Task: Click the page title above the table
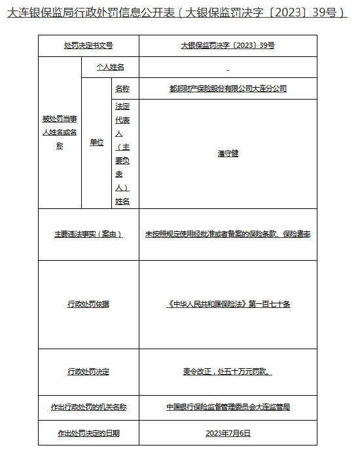177,12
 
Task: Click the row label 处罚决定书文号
88,45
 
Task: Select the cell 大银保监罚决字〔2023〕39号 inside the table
228,45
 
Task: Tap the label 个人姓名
109,67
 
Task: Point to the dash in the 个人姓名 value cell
228,68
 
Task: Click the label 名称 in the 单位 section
122,88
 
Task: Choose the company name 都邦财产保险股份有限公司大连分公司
228,88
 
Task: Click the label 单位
97,142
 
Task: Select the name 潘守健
228,153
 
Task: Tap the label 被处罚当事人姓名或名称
60,132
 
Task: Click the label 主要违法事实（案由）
88,234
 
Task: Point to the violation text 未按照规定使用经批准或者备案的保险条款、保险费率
228,234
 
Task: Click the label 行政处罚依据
88,304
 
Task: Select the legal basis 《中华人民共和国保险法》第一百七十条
228,304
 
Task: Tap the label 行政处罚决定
88,371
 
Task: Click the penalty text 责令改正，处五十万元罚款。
228,371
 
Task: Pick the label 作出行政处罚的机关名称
88,407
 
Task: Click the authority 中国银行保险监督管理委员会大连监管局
228,407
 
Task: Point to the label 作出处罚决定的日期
88,433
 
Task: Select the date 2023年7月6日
228,433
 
